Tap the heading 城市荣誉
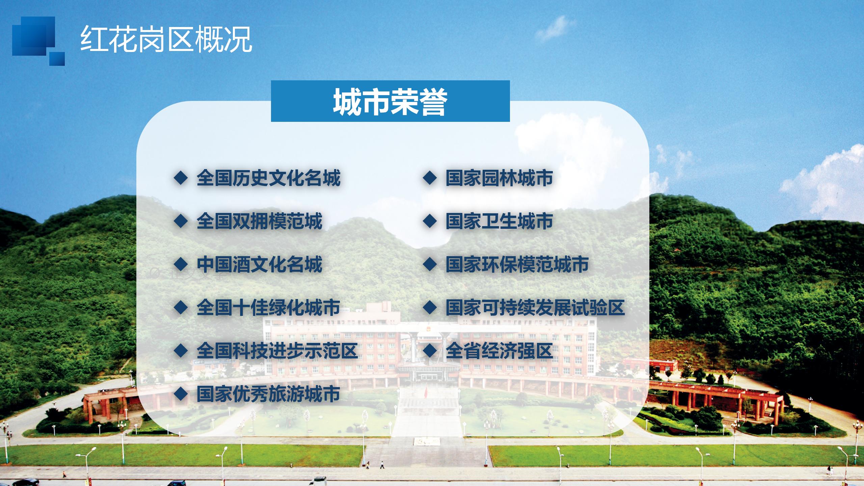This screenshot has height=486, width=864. point(390,102)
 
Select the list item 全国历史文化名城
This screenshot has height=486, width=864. point(268,178)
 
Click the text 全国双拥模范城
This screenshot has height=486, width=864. point(260,221)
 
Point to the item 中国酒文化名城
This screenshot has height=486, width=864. point(260,264)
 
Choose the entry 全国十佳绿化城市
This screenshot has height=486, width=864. point(268,307)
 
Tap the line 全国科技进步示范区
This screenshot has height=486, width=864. point(277,351)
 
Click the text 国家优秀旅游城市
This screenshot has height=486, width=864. point(268,394)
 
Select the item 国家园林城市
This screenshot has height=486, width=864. point(499,178)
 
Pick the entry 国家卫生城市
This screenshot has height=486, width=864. point(499,221)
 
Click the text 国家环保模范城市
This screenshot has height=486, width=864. point(517,264)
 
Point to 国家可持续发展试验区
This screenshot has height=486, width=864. point(535,307)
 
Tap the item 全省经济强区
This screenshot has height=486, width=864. point(499,351)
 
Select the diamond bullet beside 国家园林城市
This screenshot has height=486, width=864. point(430,178)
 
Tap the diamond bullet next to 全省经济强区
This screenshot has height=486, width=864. point(430,351)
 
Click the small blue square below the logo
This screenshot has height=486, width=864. point(57,59)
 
